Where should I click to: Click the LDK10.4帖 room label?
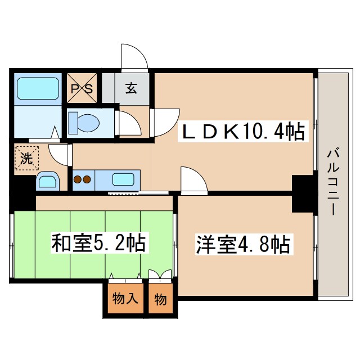[242, 133]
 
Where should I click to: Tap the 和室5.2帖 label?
[98, 244]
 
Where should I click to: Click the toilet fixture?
[83, 121]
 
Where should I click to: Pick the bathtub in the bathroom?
[38, 88]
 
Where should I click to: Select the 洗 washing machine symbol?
[26, 157]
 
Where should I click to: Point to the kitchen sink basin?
[123, 180]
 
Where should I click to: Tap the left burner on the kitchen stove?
[78, 181]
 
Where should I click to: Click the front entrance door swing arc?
[135, 56]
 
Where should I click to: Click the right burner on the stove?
[87, 181]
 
